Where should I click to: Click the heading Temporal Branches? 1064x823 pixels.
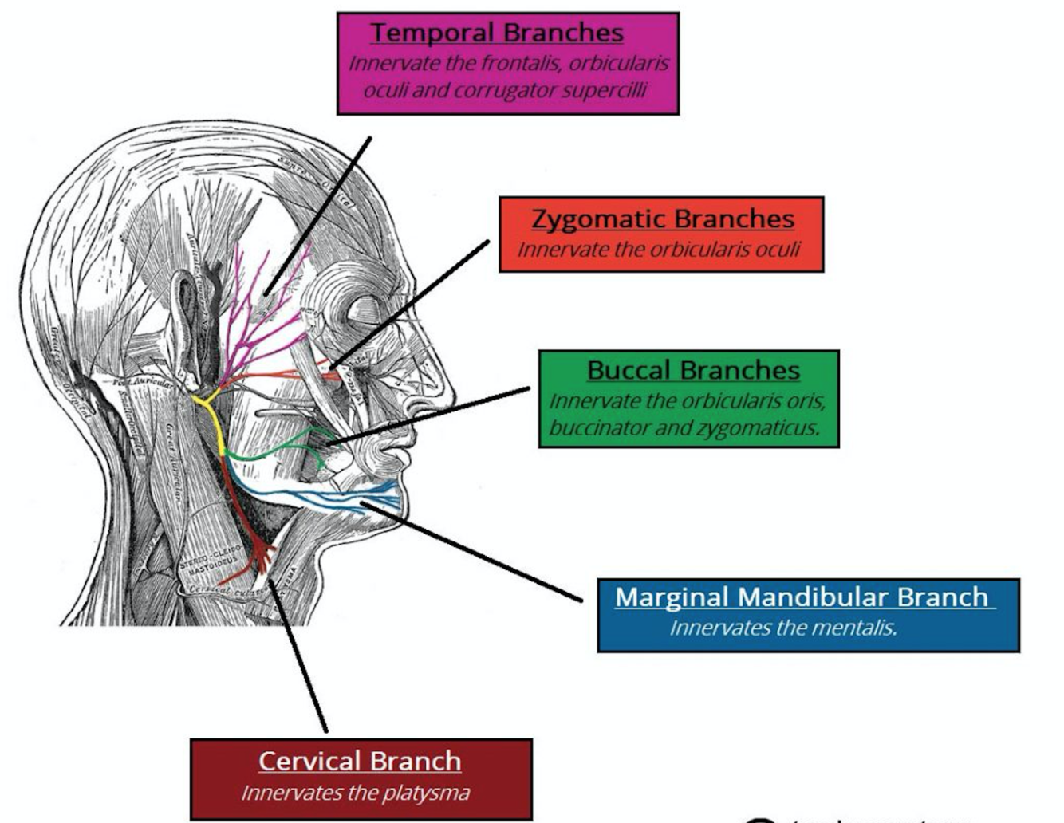pyautogui.click(x=496, y=33)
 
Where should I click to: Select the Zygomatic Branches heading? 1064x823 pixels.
pyautogui.click(x=663, y=219)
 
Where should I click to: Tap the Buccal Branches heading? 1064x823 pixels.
pyautogui.click(x=693, y=370)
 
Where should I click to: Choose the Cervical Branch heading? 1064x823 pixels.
pyautogui.click(x=360, y=761)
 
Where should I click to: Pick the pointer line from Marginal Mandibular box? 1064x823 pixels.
pyautogui.click(x=471, y=550)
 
